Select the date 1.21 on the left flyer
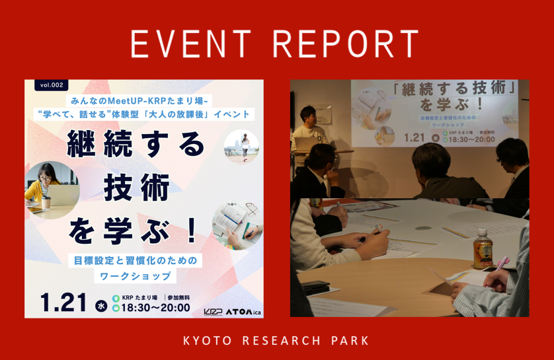tap(64, 302)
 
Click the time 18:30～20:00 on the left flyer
tap(156, 307)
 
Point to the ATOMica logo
tap(244, 310)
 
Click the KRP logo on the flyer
tap(213, 310)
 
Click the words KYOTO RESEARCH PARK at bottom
tap(276, 341)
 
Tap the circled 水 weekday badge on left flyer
tap(101, 305)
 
